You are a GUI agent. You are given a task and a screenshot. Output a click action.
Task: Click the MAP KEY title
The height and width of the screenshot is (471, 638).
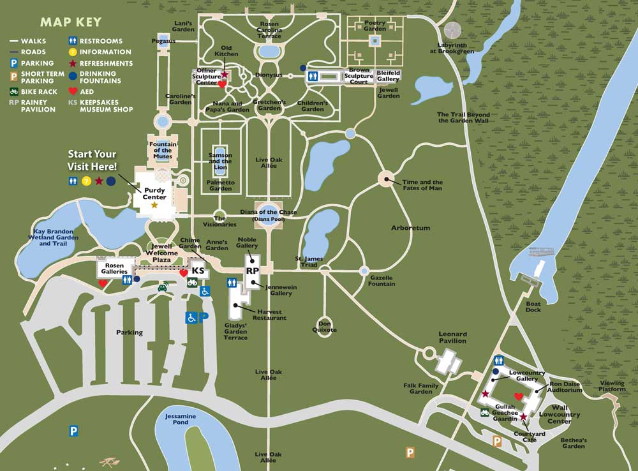coord(71,22)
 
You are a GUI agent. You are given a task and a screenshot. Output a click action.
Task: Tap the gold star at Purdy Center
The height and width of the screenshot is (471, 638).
coord(154,206)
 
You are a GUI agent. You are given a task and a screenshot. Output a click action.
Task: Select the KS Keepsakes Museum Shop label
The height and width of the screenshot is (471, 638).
coord(198,271)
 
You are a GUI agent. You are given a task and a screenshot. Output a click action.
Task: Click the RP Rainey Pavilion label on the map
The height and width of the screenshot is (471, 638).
coord(252,270)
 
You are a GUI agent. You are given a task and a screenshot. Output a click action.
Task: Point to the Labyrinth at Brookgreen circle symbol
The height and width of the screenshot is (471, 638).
coord(452,29)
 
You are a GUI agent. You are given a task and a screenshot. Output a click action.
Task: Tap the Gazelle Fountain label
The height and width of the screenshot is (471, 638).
coord(381,281)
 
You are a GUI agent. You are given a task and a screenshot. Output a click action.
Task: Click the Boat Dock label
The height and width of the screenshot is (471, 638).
coord(533,307)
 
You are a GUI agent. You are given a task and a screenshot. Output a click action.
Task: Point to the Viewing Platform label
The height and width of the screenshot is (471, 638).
coord(612,386)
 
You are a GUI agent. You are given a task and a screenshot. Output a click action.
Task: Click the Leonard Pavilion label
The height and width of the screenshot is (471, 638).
coord(452,338)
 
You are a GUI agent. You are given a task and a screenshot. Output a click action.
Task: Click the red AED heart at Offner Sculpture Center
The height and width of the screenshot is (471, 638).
coord(222,84)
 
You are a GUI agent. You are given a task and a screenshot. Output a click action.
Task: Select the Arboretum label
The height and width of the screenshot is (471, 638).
coord(411,228)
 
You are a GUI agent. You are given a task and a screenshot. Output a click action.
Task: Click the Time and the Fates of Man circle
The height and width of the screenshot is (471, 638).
coord(387,179)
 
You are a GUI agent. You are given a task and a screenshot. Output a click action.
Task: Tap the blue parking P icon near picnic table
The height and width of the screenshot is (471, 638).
coord(73,431)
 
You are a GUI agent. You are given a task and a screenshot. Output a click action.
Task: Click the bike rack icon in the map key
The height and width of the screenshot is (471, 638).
coord(13,92)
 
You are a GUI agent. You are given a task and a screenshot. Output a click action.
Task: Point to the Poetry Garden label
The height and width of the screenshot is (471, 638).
coord(375,25)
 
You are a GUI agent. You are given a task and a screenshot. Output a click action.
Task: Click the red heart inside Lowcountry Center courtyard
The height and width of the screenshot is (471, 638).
coord(519,397)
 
